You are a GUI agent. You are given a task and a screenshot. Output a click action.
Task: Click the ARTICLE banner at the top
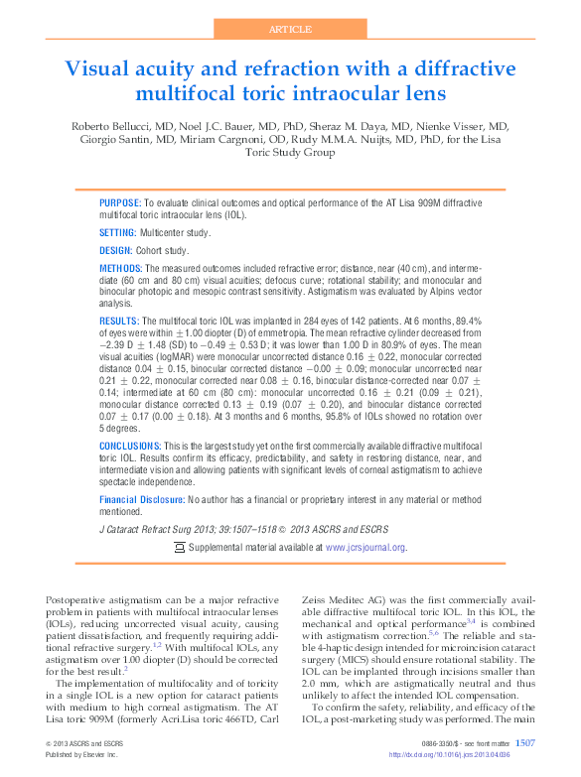pos(290,29)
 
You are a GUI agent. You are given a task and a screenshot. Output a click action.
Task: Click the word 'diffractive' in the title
pos(464,69)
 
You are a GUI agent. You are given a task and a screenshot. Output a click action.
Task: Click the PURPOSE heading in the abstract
pos(120,201)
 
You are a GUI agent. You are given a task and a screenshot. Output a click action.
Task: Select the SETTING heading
pos(117,232)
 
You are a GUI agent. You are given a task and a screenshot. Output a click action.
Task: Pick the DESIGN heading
pos(115,251)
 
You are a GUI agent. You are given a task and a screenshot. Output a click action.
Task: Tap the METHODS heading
pos(121,269)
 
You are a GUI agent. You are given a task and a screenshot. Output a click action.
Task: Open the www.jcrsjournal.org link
pos(365,547)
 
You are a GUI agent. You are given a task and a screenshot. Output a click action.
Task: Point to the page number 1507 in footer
pos(525,741)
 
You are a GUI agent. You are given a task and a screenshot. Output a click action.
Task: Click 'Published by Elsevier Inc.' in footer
pos(79,754)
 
